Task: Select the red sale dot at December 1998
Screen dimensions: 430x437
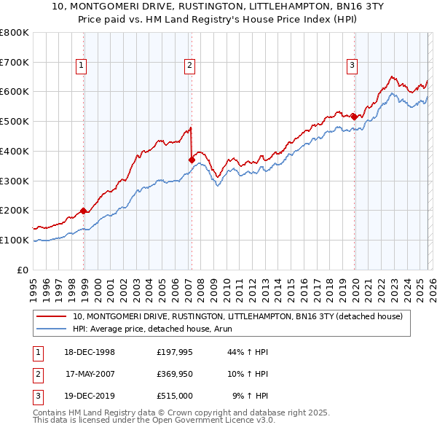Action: [x=84, y=211]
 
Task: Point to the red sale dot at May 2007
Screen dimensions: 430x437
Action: [x=192, y=160]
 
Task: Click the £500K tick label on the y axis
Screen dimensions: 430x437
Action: [x=15, y=121]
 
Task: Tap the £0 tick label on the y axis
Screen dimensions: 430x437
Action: [x=23, y=270]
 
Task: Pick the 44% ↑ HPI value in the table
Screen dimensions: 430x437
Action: [x=248, y=352]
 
